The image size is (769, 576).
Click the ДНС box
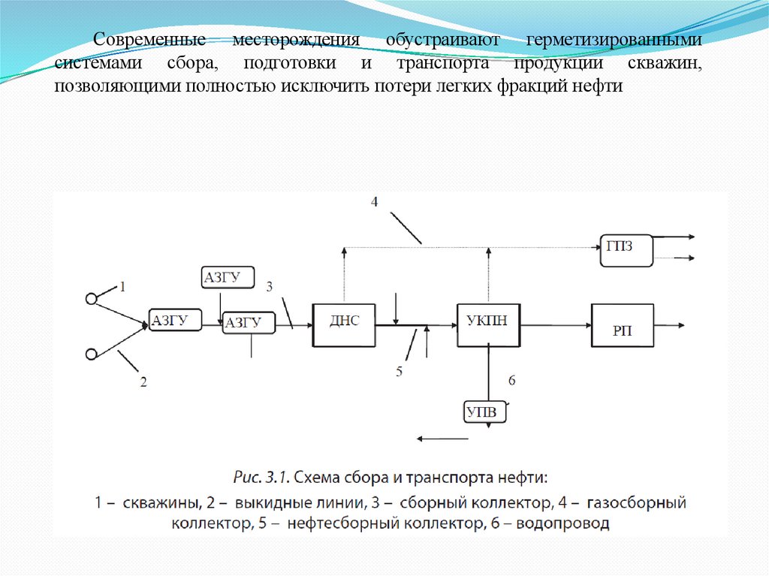tap(343, 324)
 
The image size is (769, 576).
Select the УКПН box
tap(489, 324)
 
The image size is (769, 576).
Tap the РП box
tap(622, 325)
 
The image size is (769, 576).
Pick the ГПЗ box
tap(626, 249)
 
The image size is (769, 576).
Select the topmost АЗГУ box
tap(228, 277)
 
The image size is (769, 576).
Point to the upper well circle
tap(92, 298)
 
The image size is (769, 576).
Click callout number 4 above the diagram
tap(374, 201)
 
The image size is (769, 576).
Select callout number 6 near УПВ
tap(511, 381)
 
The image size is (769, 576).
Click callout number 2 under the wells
tap(143, 382)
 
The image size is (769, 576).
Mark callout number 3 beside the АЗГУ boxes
tap(270, 285)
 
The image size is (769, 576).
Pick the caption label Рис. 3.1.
tap(259, 477)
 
